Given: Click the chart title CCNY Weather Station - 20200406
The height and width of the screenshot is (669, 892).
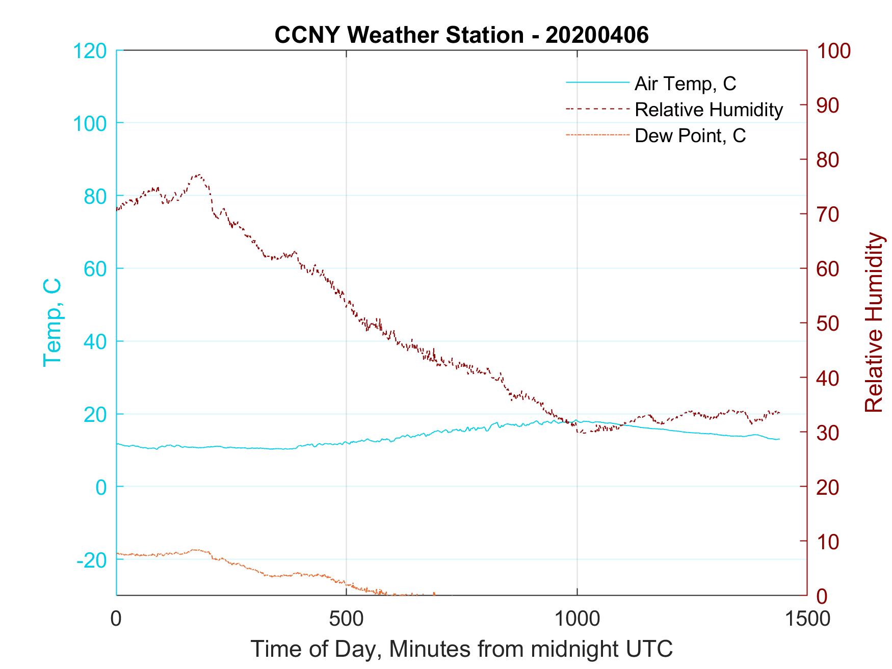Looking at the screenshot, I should (461, 35).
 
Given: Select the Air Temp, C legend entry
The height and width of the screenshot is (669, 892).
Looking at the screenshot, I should (685, 83).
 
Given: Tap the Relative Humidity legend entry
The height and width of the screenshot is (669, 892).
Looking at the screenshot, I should (709, 110).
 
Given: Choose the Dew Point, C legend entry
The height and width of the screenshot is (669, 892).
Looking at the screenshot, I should (690, 136).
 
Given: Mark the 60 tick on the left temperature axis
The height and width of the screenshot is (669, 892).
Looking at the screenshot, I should (95, 269).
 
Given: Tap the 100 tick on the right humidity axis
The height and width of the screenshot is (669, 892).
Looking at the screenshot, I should (834, 51).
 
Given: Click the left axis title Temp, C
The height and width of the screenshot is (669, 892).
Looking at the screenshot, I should (53, 322).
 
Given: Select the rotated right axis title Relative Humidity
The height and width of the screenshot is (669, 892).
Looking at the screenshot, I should (874, 322).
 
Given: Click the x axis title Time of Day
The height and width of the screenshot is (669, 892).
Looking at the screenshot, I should (461, 649).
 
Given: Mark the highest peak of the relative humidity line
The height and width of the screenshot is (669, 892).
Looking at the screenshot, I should (198, 175).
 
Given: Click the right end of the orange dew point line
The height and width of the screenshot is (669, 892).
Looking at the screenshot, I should (434, 594).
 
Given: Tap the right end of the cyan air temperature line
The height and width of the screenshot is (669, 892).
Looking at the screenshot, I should (779, 439).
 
